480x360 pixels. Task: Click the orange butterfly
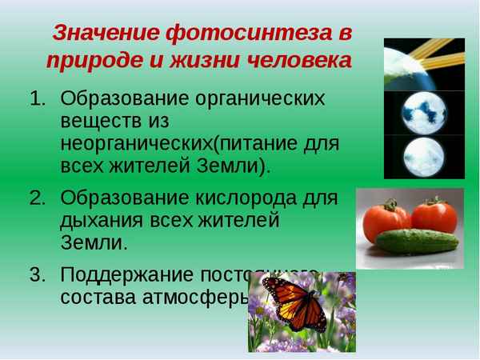point(294,304)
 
